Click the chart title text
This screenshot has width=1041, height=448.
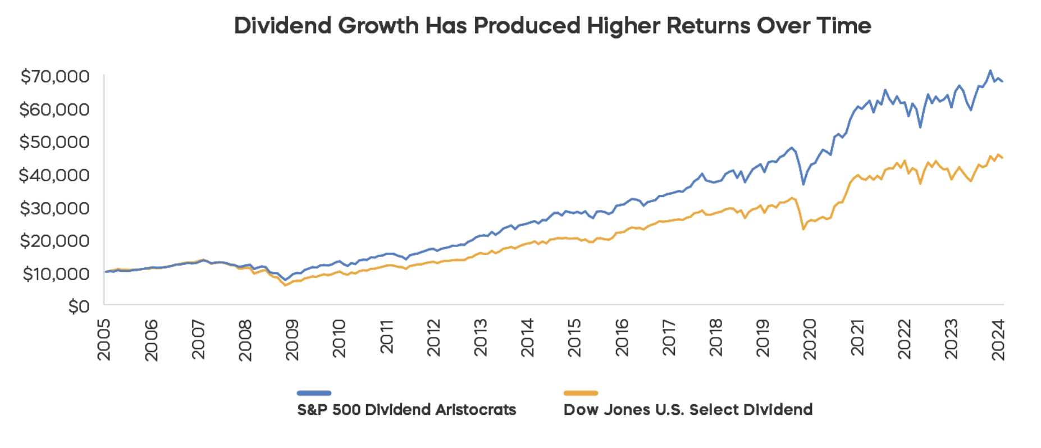pos(553,26)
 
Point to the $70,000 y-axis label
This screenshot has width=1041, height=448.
pos(55,76)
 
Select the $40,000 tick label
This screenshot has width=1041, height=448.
pos(54,175)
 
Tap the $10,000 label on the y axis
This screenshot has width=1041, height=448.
pos(56,274)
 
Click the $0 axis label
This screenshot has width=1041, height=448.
pos(79,307)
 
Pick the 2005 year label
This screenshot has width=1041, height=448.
pos(104,340)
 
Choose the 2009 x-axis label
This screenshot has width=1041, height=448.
pos(292,340)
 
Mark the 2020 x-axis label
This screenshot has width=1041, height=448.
pos(809,339)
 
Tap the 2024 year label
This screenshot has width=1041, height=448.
pos(998,340)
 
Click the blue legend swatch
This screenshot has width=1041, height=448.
pos(314,393)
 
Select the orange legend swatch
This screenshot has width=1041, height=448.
pos(581,393)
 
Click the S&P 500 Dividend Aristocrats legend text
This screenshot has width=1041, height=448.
pos(407,410)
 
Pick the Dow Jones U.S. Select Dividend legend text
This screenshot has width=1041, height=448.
pos(688,410)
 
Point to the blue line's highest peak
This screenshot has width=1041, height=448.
pos(990,71)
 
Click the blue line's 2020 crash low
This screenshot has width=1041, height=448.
pos(803,184)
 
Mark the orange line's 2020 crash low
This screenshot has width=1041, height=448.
pos(803,228)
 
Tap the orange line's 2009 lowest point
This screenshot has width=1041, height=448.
pos(285,285)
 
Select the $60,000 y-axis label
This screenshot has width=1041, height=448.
pos(54,109)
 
